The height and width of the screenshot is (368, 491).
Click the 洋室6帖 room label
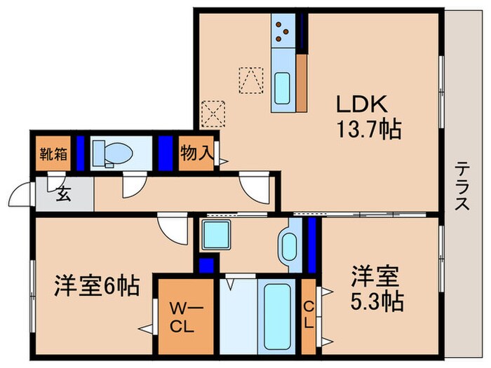[x=97, y=286]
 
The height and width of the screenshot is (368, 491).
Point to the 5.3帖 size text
[x=377, y=301]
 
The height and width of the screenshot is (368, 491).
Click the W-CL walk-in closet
[x=183, y=316]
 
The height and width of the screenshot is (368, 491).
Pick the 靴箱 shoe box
[x=53, y=153]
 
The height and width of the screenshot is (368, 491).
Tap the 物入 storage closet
[x=195, y=153]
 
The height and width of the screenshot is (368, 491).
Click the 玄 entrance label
[x=63, y=193]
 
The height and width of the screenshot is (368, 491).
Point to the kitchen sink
[x=284, y=88]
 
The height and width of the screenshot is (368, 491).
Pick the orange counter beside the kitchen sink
[x=303, y=82]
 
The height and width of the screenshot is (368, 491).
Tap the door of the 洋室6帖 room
[x=173, y=228]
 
